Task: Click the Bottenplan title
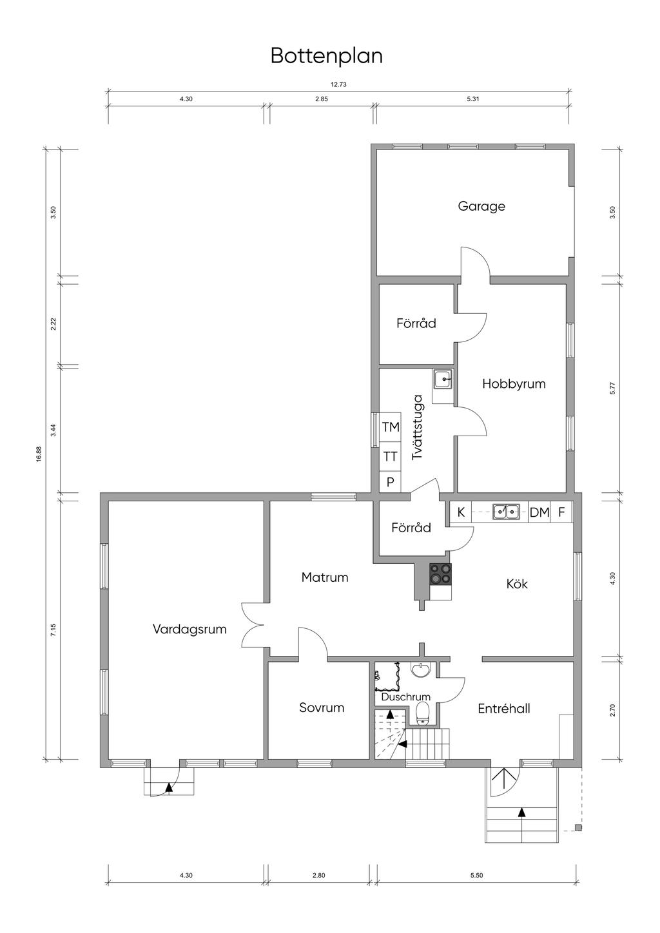tap(327, 56)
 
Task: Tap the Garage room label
tap(481, 206)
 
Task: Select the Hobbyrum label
tap(514, 383)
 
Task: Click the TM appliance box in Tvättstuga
tap(391, 427)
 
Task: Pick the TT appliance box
tap(391, 456)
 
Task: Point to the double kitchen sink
tap(506, 512)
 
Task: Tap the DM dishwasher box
tap(539, 512)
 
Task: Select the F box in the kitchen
tap(561, 512)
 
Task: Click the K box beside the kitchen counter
tap(461, 512)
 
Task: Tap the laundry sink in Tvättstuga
tap(443, 380)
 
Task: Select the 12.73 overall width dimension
tap(338, 84)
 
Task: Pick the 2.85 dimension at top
tap(321, 99)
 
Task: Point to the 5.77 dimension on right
tap(612, 388)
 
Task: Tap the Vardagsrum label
tap(189, 629)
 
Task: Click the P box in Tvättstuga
tap(391, 482)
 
